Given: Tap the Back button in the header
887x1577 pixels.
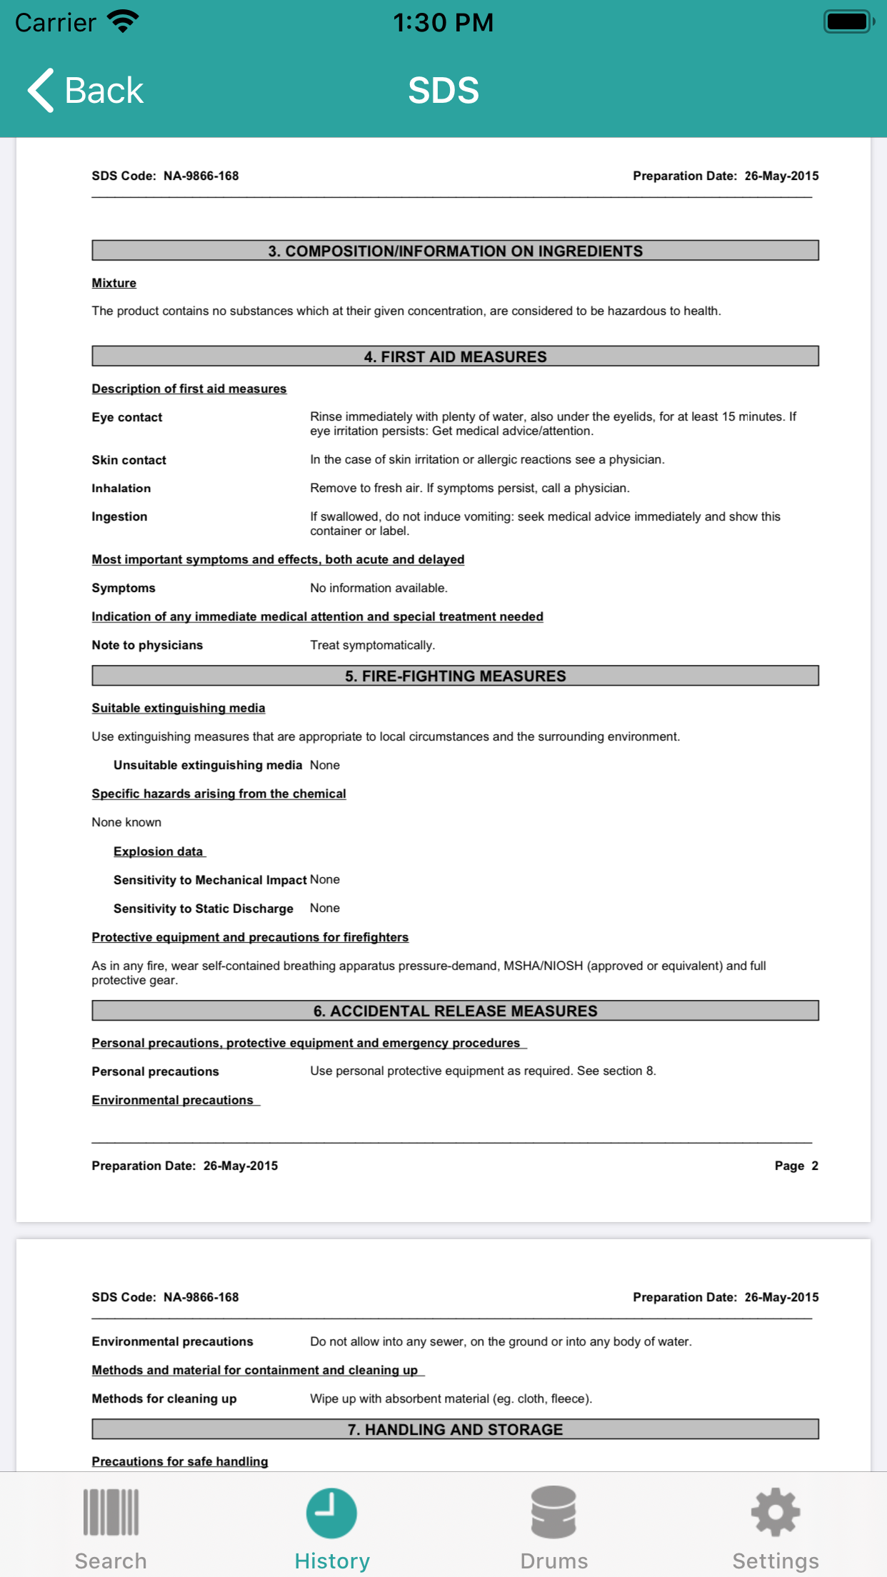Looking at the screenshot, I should (x=86, y=91).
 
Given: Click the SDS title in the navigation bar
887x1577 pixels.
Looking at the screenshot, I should (x=443, y=91).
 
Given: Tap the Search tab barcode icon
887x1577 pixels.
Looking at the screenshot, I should (x=111, y=1512).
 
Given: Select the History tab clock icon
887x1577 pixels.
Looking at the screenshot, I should (x=332, y=1512).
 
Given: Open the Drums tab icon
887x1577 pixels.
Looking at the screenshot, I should (x=553, y=1512).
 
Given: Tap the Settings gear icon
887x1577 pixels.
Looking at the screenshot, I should (x=776, y=1512).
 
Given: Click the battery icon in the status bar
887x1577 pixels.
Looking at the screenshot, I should (x=848, y=21).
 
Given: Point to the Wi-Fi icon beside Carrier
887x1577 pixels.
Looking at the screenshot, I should (x=123, y=21).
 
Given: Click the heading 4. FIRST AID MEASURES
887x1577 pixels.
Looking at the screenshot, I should (x=455, y=356).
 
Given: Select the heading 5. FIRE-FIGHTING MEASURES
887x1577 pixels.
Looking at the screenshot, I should (x=455, y=676).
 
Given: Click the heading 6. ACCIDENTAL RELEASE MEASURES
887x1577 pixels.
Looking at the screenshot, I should (x=455, y=1011).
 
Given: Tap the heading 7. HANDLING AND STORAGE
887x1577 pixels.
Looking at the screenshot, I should (x=455, y=1429).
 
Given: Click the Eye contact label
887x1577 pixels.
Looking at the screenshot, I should (x=127, y=417).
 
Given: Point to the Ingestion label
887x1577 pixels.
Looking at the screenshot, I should (x=119, y=516).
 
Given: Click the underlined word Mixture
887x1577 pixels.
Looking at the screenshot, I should (x=114, y=283).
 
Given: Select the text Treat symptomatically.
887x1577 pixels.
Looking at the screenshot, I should (x=372, y=645).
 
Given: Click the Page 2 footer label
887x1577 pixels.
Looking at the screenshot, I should (x=796, y=1166).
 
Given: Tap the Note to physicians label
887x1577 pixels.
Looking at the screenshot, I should (x=147, y=645).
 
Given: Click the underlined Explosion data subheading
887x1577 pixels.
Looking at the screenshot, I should (x=159, y=851).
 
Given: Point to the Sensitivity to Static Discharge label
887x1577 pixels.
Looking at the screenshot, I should (x=204, y=908).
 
